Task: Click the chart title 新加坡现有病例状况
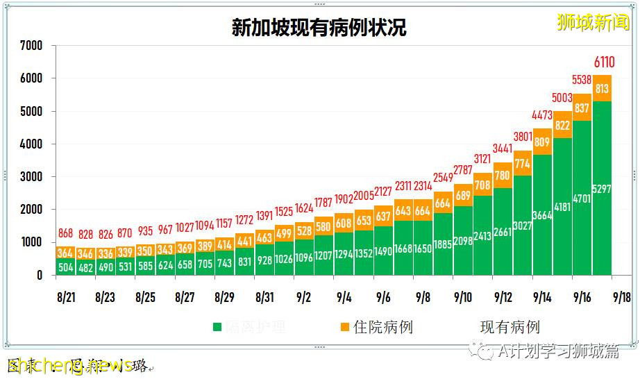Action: pos(319,27)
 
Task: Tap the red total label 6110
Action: pos(602,63)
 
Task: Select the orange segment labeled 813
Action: pos(602,88)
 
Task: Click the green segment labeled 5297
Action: pos(602,189)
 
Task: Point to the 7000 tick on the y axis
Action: pos(31,46)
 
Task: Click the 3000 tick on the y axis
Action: pos(31,177)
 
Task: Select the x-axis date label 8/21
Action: pos(65,297)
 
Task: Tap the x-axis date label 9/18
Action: pos(622,297)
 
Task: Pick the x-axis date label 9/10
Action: pos(463,297)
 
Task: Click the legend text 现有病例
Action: pos(510,327)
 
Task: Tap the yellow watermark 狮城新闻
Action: pos(593,23)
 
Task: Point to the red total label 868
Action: pos(65,234)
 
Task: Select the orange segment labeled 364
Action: pos(65,253)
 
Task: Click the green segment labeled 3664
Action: pos(542,215)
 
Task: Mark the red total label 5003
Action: pos(562,98)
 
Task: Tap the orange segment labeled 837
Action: pos(582,108)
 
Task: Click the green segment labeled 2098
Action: pos(463,241)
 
